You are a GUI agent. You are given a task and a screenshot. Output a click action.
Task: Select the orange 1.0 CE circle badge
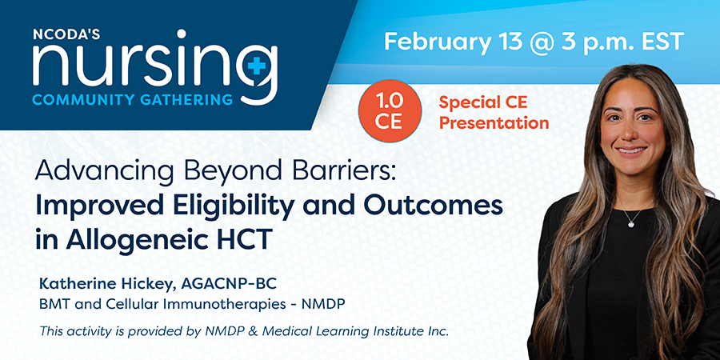pos(390,110)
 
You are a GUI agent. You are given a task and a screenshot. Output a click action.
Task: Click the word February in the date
pos(437,42)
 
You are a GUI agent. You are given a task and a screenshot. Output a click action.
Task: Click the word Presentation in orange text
pos(494,122)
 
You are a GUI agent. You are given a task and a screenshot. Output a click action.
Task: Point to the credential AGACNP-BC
pos(229,285)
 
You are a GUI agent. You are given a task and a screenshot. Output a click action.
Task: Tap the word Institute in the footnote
pos(394,330)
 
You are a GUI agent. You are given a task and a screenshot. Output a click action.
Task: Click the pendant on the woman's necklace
pos(630,223)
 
